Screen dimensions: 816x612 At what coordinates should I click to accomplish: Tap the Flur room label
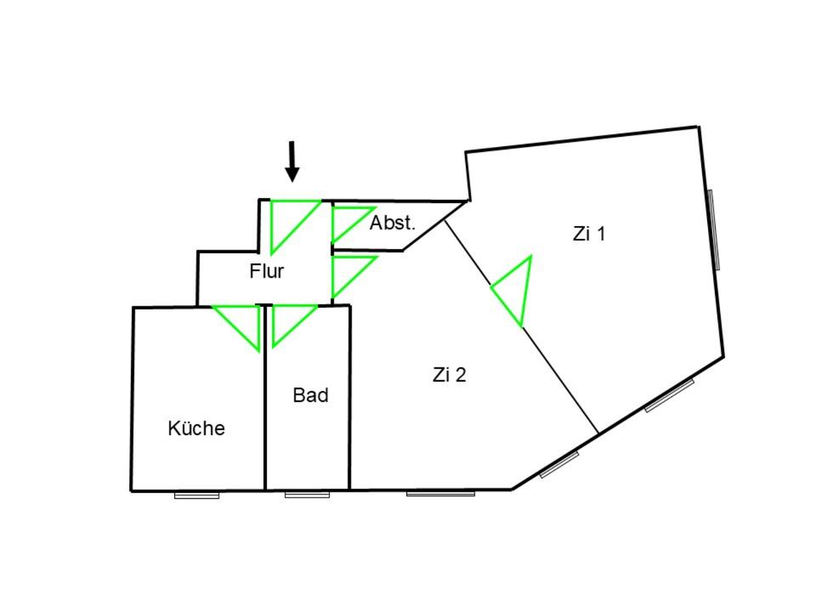tap(266, 272)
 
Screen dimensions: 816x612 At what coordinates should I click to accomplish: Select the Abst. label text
tap(393, 224)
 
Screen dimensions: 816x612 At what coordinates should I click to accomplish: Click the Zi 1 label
tap(589, 234)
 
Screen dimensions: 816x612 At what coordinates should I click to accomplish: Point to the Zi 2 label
tap(449, 375)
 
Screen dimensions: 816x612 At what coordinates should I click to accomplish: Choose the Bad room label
tap(310, 395)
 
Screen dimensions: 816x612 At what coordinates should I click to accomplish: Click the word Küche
tap(196, 428)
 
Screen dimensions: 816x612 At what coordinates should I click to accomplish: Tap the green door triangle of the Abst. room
tap(347, 222)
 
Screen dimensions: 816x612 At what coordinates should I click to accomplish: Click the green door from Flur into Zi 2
tap(347, 274)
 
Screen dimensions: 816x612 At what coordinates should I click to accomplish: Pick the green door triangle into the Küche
tap(243, 322)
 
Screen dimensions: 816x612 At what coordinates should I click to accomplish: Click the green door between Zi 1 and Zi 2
tap(515, 290)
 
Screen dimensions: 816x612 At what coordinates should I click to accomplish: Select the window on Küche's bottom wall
tap(196, 494)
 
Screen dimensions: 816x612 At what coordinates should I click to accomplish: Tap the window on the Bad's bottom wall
tap(307, 494)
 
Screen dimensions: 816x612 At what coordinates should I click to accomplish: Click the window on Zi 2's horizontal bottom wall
tap(440, 493)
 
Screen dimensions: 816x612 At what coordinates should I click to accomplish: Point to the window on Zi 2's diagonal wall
tap(559, 464)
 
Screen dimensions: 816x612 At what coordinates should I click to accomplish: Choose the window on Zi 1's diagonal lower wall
tap(670, 395)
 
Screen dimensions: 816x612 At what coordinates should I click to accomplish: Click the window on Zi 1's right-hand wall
tap(714, 229)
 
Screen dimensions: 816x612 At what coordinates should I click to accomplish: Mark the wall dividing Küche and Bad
tap(265, 399)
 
